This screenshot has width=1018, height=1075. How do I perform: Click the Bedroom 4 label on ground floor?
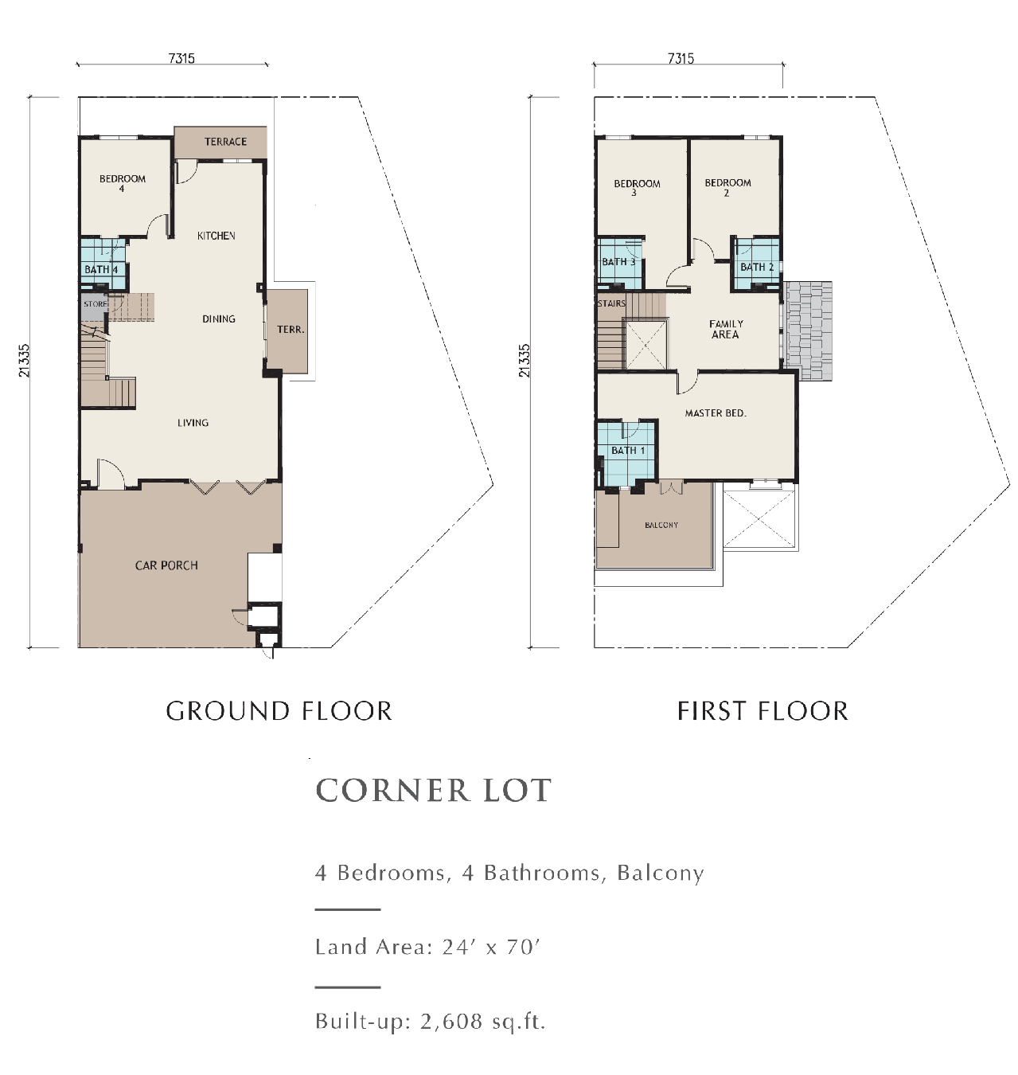click(122, 183)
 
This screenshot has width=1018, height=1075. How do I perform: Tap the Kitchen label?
click(216, 236)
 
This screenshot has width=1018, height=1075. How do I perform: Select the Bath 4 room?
click(101, 268)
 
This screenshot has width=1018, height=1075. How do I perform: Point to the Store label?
click(95, 304)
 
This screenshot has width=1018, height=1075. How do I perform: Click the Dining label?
click(218, 319)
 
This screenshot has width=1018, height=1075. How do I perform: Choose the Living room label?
click(193, 423)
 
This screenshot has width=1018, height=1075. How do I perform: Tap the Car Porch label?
click(166, 565)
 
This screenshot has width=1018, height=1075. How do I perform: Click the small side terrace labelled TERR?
click(290, 330)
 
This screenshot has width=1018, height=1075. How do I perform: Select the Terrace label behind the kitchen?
click(225, 142)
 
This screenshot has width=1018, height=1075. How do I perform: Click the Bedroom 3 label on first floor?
click(637, 187)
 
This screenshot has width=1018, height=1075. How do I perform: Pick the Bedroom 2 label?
click(727, 186)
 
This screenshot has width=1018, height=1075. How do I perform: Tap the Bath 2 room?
click(756, 267)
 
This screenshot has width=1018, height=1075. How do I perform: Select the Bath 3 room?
click(618, 262)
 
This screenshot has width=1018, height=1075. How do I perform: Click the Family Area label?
click(726, 329)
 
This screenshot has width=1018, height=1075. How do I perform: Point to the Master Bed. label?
click(716, 413)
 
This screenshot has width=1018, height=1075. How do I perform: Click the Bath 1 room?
click(627, 451)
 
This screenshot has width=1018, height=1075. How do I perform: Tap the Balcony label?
click(661, 525)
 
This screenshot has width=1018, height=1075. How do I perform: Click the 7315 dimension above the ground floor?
click(181, 58)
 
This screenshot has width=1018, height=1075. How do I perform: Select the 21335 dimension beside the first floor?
click(524, 360)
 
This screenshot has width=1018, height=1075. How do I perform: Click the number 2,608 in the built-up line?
click(451, 1021)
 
